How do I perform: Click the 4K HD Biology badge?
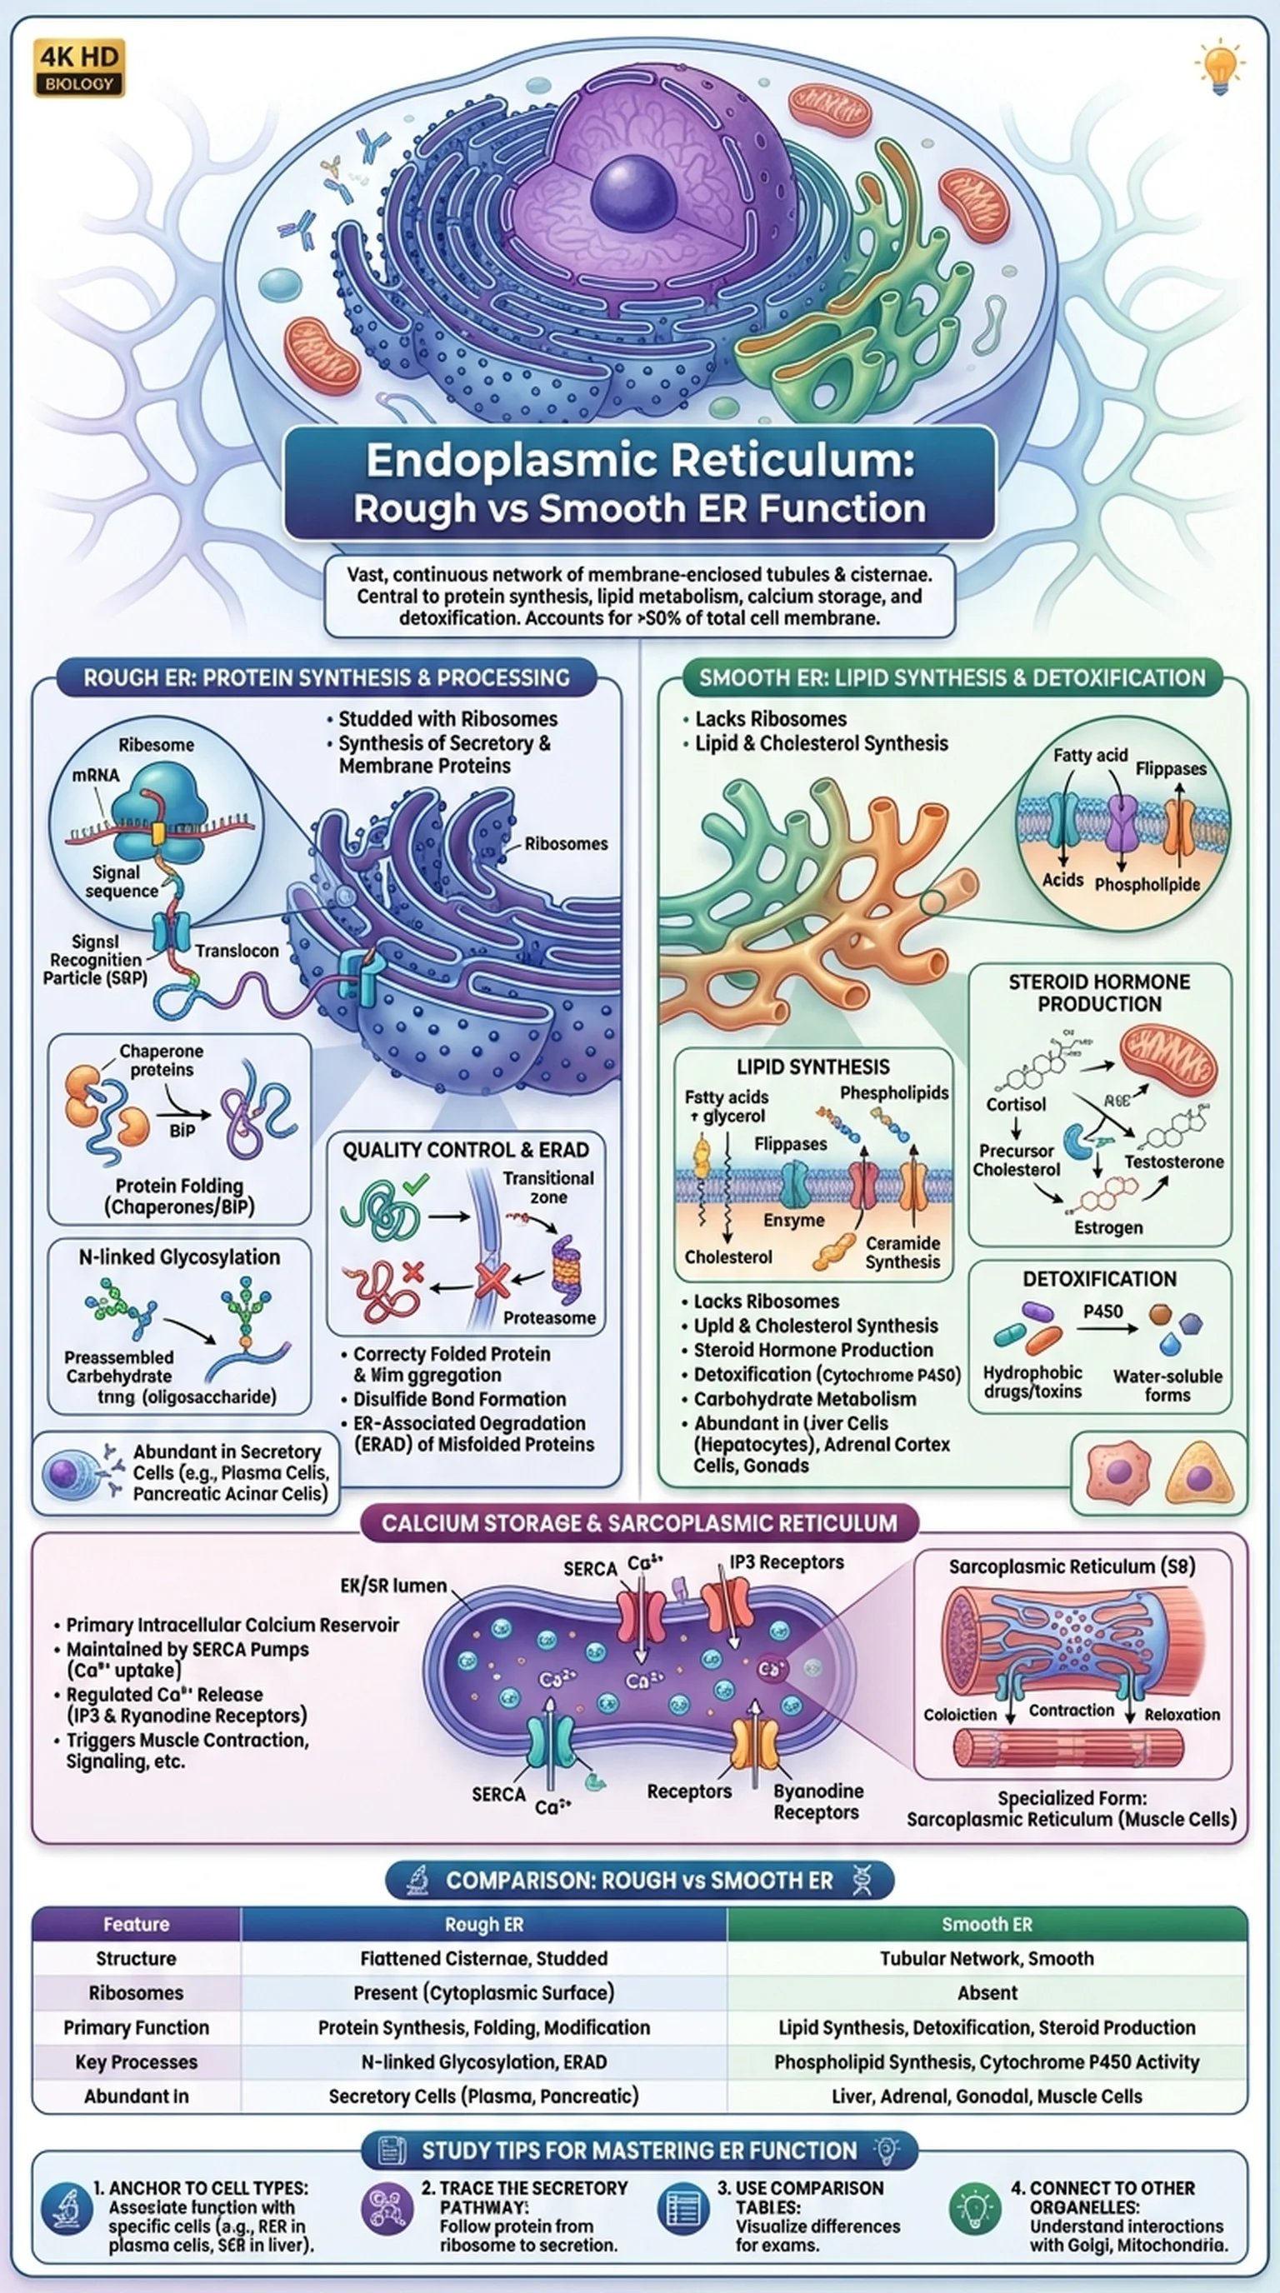[x=79, y=67]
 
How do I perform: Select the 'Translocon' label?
[x=237, y=951]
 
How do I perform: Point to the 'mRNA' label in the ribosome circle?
[x=95, y=774]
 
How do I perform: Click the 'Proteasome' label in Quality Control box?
[x=549, y=1317]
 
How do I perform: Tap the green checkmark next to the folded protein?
[x=415, y=1185]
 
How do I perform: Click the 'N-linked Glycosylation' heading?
[x=179, y=1256]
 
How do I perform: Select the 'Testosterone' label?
[x=1173, y=1161]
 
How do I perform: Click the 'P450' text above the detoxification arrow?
[x=1102, y=1311]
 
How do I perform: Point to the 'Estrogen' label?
[x=1108, y=1226]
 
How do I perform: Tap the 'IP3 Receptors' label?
[x=786, y=1561]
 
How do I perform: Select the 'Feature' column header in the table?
[x=136, y=1924]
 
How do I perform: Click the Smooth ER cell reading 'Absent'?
[x=987, y=1992]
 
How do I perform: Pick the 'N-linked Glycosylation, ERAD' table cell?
[x=483, y=2061]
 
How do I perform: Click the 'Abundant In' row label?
[x=136, y=2096]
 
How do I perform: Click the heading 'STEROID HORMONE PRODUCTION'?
[x=1098, y=992]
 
